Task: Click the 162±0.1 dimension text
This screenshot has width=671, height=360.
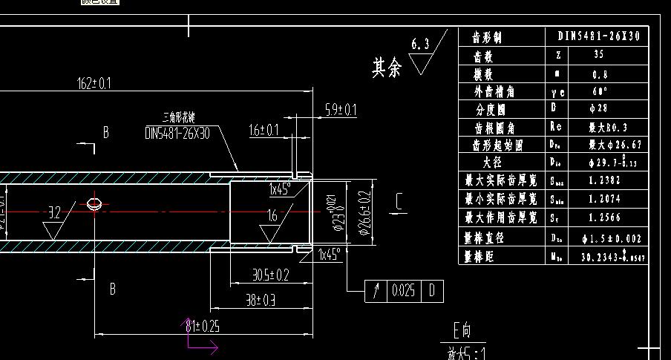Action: click(94, 83)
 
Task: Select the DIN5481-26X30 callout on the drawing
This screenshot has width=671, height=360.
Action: click(177, 134)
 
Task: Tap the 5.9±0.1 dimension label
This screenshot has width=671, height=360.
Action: click(341, 111)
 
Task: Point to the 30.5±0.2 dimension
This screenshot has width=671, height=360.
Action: click(270, 275)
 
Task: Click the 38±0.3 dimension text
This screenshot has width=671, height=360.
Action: click(261, 300)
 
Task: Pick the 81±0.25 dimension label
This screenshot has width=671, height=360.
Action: click(203, 326)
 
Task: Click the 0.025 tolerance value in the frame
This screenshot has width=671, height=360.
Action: click(403, 291)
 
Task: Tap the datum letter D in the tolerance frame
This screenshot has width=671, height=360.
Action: click(433, 291)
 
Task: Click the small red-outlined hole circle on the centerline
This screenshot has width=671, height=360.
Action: click(95, 203)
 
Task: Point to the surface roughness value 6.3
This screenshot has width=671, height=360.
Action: click(420, 45)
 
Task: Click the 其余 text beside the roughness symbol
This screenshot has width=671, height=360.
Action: click(387, 68)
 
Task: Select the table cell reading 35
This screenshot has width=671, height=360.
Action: click(599, 55)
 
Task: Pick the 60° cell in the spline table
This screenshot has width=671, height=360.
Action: click(599, 91)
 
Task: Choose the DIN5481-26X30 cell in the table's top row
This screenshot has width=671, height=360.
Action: click(598, 36)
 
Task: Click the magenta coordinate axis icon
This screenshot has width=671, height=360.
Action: click(197, 338)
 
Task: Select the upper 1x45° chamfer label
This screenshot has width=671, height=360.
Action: click(279, 189)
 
